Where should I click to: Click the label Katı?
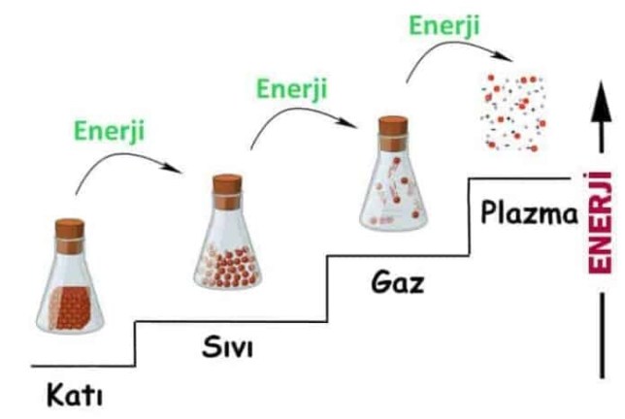(74, 396)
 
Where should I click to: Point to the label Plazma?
(529, 212)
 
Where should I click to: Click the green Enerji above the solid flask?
(109, 128)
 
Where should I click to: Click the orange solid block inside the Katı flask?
(71, 306)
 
